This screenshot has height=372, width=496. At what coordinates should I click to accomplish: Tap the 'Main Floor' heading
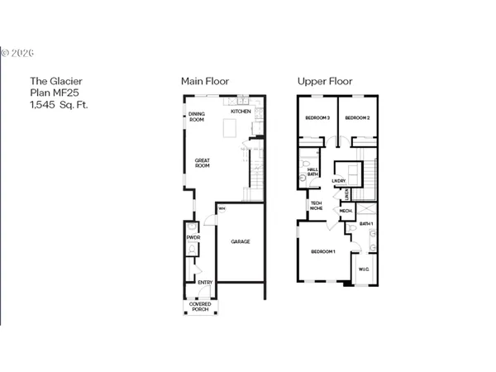coord(205,81)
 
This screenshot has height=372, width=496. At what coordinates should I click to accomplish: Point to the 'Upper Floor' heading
coord(325,81)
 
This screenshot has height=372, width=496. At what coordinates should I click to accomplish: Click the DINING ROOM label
coord(197,117)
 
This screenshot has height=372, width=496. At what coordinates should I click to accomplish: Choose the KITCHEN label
coord(241,111)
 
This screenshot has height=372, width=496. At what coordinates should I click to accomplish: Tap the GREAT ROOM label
coord(203,163)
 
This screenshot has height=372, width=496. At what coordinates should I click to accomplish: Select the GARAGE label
coord(241,241)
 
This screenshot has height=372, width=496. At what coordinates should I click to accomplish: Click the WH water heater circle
coord(222,208)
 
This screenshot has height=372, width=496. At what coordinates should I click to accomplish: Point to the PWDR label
coord(193,237)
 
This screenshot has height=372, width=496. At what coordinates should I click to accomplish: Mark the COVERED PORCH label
coord(199,306)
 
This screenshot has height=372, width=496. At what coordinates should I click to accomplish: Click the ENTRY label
coord(204,282)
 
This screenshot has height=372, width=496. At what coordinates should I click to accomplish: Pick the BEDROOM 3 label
coord(317,117)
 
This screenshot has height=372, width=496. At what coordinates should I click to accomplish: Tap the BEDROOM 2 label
coord(356,117)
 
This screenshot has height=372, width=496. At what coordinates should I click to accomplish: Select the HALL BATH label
coord(313,172)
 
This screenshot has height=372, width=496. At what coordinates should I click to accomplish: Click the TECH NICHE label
coord(316,206)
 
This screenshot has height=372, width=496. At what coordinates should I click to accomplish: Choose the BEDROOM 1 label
coord(322,250)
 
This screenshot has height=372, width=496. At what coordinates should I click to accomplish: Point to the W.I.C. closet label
coord(364,269)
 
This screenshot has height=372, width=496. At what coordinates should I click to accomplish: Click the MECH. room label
coord(345,211)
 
